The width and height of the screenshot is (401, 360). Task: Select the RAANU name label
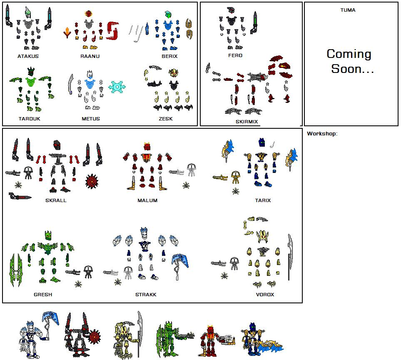[90, 56]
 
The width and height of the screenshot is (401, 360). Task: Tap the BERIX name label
[169, 56]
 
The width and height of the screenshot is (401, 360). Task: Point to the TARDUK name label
[29, 119]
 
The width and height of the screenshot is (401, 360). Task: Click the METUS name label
[90, 119]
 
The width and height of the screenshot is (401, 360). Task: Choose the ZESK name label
[165, 119]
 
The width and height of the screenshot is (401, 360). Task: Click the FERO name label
[235, 55]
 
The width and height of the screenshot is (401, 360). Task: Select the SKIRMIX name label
[247, 122]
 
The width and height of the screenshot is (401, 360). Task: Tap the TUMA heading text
[348, 10]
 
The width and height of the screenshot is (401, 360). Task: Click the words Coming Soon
[350, 61]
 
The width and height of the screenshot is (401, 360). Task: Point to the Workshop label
[322, 134]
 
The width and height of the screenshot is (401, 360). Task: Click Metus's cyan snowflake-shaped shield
[117, 87]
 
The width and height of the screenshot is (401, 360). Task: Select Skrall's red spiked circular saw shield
[93, 182]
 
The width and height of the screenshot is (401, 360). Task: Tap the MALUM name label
[147, 200]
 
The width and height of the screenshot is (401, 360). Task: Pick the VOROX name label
[265, 295]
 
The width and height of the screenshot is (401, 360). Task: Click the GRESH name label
[43, 295]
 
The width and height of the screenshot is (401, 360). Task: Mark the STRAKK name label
[146, 295]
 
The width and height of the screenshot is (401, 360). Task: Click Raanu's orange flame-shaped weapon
[67, 32]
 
